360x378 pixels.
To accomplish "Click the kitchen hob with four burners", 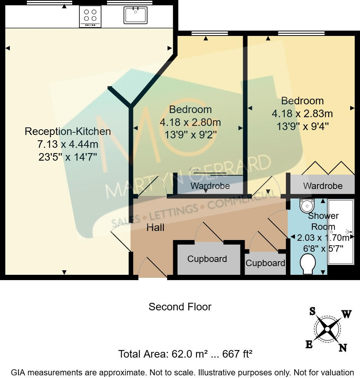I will tap(90, 16).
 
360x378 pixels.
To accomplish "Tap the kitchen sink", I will tap(135, 15).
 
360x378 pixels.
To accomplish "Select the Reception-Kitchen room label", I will tap(68, 132).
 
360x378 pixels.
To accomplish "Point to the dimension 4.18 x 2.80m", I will tap(190, 122).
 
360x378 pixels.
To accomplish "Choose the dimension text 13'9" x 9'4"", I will tap(302, 126).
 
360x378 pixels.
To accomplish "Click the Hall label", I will tap(155, 228).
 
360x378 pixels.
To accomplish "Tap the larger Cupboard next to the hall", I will tap(207, 259).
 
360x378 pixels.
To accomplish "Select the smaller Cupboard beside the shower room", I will tap(265, 263).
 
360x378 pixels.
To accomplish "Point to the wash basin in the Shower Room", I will tap(307, 206).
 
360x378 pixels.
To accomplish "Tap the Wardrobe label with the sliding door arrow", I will tap(210, 186).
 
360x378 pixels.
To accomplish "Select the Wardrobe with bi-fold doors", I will tap(323, 186).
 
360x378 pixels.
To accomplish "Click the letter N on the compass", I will tap(343, 348).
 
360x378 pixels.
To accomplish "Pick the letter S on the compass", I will tap(312, 311).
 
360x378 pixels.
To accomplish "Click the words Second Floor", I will tap(180, 307).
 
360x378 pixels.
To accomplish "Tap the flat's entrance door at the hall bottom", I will tap(152, 269).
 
